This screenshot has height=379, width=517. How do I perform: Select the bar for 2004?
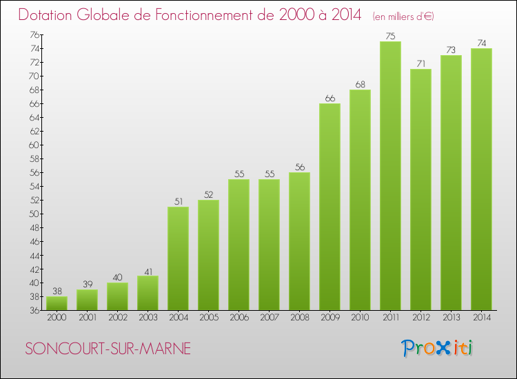(x=178, y=258)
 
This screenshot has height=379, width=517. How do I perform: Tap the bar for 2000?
(x=57, y=303)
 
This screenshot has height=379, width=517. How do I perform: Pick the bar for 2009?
(x=330, y=207)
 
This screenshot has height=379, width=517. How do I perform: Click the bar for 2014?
(x=481, y=179)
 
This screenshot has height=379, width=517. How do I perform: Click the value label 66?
(x=330, y=99)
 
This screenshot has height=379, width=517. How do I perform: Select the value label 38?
(x=57, y=291)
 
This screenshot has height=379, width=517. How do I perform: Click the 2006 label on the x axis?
(x=239, y=318)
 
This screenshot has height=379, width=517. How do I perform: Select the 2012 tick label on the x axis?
(x=420, y=318)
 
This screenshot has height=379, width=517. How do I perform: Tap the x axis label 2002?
(x=117, y=318)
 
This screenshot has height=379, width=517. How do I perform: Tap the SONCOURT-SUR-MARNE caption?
(x=108, y=349)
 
